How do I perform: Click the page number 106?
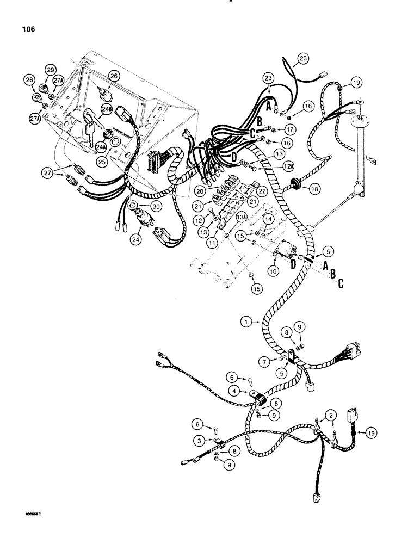coord(27,29)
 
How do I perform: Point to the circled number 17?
coord(288,131)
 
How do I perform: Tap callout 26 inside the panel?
coord(114,76)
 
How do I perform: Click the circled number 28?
coord(29,81)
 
